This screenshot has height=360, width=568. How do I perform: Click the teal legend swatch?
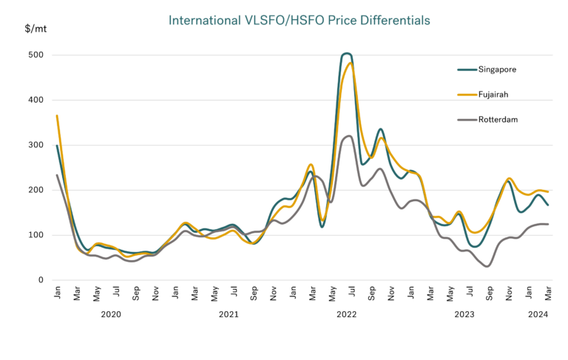click(467, 70)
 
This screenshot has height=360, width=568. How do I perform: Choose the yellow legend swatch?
click(467, 95)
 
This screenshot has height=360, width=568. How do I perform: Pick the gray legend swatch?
click(467, 119)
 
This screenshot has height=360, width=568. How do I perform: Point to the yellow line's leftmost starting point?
click(56, 115)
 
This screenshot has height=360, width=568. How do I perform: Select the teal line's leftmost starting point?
click(56, 146)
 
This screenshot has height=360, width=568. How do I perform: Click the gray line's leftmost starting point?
click(56, 174)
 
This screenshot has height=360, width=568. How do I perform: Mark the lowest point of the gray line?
click(487, 267)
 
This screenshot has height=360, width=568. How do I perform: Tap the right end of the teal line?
click(548, 205)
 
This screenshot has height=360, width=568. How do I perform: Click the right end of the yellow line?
click(548, 192)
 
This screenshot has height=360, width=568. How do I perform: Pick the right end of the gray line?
click(548, 223)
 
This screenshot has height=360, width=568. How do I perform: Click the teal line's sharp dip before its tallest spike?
click(322, 227)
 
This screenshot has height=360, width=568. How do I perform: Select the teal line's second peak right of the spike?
click(380, 129)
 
